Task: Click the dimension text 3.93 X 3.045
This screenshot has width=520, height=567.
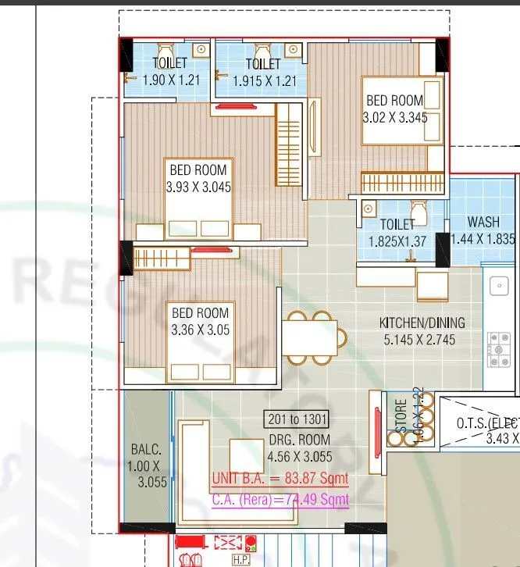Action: (x=198, y=187)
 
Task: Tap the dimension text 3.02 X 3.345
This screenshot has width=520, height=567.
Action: (x=394, y=118)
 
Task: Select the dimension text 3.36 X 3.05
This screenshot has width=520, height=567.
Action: (x=201, y=330)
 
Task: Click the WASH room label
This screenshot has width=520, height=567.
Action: (x=483, y=223)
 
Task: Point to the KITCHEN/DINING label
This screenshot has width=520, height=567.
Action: (x=422, y=323)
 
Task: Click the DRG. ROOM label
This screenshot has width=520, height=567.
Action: (x=298, y=440)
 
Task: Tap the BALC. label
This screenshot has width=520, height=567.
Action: (x=147, y=450)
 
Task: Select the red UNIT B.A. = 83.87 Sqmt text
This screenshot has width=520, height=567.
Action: (x=280, y=479)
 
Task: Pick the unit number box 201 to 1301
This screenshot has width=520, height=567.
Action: (x=298, y=420)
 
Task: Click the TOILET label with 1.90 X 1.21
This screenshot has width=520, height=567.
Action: (x=169, y=63)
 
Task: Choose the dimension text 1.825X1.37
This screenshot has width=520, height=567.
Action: (x=397, y=241)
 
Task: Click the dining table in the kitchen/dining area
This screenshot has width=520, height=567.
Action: (x=308, y=338)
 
